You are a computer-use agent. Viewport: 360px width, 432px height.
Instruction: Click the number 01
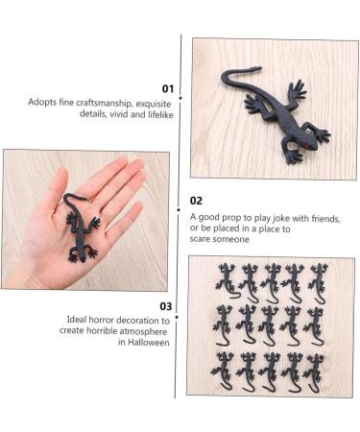tap(168, 88)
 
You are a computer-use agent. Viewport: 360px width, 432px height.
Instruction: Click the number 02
tap(196, 201)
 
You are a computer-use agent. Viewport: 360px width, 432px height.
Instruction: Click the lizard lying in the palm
tap(80, 228)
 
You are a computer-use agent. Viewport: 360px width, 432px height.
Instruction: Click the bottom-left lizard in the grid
tap(226, 370)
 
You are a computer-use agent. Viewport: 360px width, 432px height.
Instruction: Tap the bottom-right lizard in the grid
tap(314, 370)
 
